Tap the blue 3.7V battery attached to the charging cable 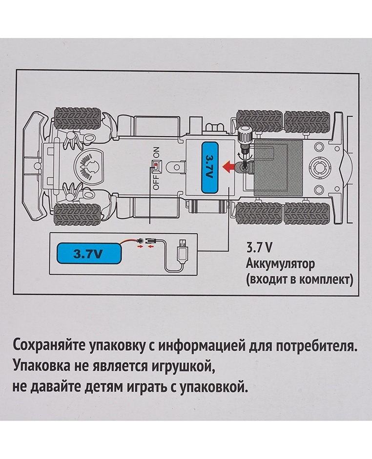88,254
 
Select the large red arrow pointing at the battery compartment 228,167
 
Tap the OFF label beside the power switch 156,182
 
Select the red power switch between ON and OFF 156,166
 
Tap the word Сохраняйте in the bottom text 48,346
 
